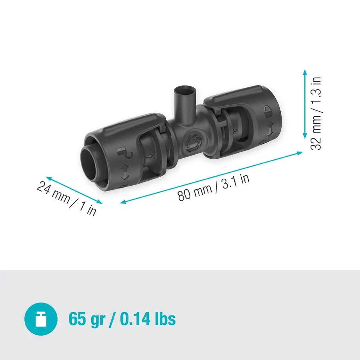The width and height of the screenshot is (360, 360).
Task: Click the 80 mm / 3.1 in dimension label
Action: click(213, 187)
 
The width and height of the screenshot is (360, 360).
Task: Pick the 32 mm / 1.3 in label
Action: click(316, 113)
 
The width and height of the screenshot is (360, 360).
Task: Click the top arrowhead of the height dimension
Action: click(304, 72)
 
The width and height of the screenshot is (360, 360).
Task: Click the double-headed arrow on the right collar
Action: click(270, 127)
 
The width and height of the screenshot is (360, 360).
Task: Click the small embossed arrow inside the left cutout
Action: click(149, 157)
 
